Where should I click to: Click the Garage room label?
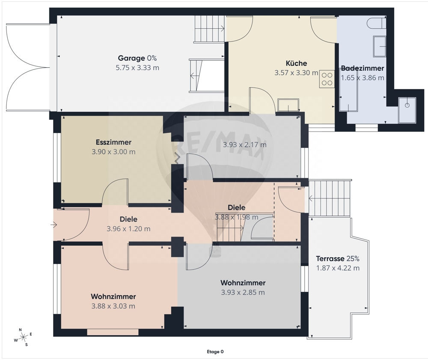tap(131, 58)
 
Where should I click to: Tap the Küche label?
tap(296, 63)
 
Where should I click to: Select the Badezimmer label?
tap(363, 68)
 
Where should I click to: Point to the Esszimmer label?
tap(113, 142)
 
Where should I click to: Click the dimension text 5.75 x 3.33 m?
tap(137, 68)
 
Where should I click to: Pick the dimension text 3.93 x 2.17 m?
tap(244, 144)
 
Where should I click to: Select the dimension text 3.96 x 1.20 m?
tap(128, 229)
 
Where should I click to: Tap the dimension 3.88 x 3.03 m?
tap(113, 306)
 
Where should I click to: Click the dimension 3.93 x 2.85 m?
tap(243, 292)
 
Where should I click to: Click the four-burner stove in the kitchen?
tap(327, 79)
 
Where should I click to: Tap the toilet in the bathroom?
tap(376, 23)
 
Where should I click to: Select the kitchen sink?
tap(288, 105)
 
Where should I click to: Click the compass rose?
tap(23, 337)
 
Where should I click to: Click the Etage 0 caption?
tap(215, 352)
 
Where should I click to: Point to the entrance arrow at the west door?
tap(53, 225)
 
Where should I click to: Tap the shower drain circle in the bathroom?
tap(407, 105)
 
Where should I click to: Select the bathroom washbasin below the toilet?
tap(379, 46)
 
